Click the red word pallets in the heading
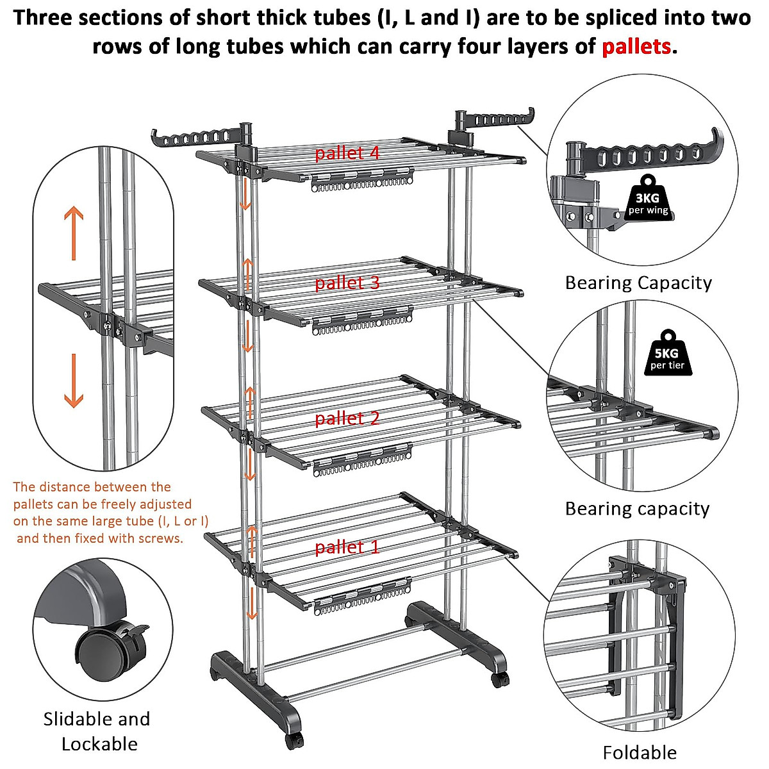pos(636,47)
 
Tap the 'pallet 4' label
pos(347,153)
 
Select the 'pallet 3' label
pos(347,283)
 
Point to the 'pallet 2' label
pos(347,418)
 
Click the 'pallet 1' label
pos(347,547)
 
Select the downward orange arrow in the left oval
pos(74,381)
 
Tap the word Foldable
pos(640,752)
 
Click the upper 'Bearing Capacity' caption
pos(638,283)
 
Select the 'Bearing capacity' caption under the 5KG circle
pos(637,509)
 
